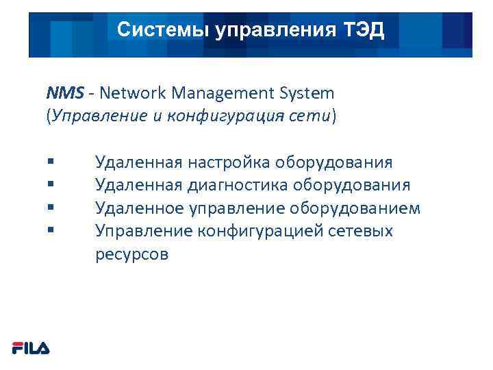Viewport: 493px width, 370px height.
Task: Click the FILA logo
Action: [x=31, y=348]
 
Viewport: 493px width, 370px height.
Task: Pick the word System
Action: [x=305, y=92]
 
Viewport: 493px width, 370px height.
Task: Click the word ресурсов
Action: [x=131, y=254]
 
